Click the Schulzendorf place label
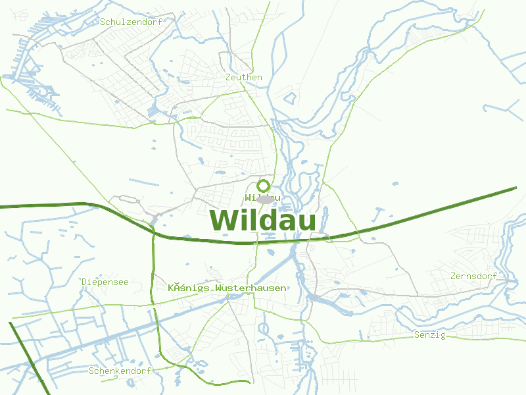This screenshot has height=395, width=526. pyautogui.click(x=131, y=22)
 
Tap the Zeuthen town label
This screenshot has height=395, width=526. pyautogui.click(x=243, y=78)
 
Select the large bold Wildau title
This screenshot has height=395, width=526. pyautogui.click(x=263, y=221)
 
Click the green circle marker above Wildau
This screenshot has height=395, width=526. pyautogui.click(x=264, y=186)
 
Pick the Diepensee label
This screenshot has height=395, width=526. pyautogui.click(x=105, y=282)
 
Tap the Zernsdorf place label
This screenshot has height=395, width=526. pyautogui.click(x=474, y=276)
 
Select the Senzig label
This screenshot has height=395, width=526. pyautogui.click(x=430, y=335)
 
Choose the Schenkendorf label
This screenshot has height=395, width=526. pyautogui.click(x=120, y=371)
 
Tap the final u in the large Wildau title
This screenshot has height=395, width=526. pyautogui.click(x=306, y=223)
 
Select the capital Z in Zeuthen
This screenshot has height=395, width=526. pyautogui.click(x=227, y=78)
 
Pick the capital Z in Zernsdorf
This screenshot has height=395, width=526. pyautogui.click(x=454, y=276)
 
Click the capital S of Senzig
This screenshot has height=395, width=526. pyautogui.click(x=417, y=335)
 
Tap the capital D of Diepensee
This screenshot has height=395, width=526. pyautogui.click(x=85, y=282)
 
